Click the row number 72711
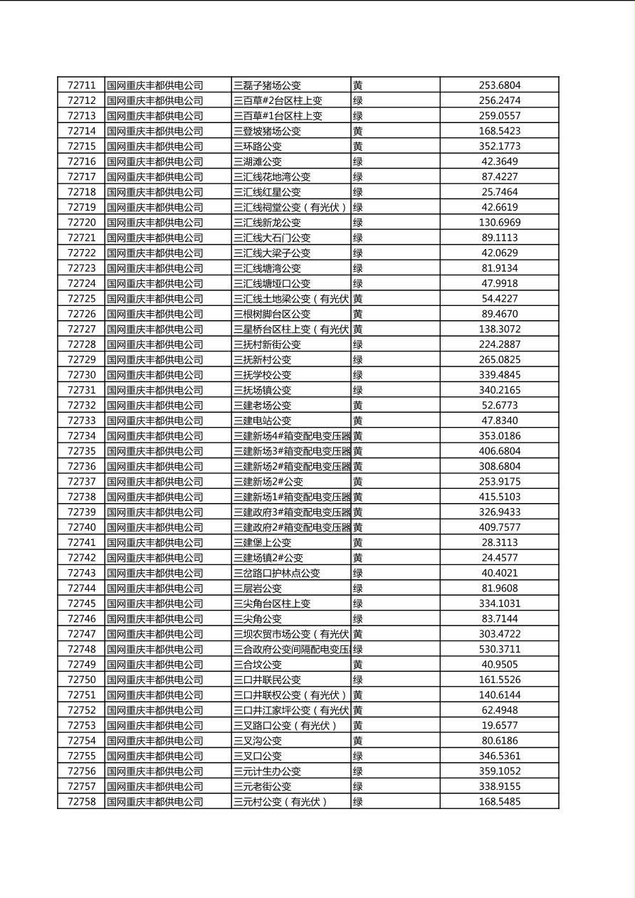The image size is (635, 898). click(x=81, y=85)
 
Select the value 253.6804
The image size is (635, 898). click(x=499, y=85)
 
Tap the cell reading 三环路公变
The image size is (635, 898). click(x=258, y=147)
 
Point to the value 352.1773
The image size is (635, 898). click(x=499, y=147)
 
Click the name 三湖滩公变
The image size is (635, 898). click(x=258, y=162)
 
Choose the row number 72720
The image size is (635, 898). click(x=81, y=223)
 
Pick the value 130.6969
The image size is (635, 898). click(x=499, y=223)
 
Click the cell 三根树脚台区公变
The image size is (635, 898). click(x=272, y=314)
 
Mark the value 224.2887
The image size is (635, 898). click(x=499, y=344)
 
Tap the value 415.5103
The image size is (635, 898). click(x=499, y=497)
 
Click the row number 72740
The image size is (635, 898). click(x=81, y=527)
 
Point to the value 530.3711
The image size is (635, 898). click(x=499, y=649)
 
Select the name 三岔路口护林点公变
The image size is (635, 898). click(x=277, y=573)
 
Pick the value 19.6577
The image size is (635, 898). click(x=499, y=726)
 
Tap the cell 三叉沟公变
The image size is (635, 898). click(x=258, y=741)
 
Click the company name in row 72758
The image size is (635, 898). click(x=155, y=802)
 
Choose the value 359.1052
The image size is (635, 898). click(x=499, y=771)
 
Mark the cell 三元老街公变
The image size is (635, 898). click(x=263, y=786)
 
